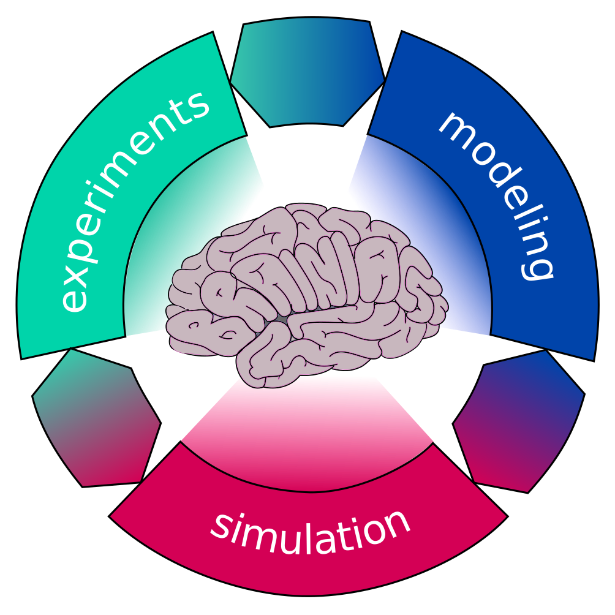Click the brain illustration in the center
pyautogui.click(x=306, y=294)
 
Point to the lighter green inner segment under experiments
pyautogui.click(x=184, y=245)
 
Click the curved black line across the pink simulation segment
pyautogui.click(x=306, y=491)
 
